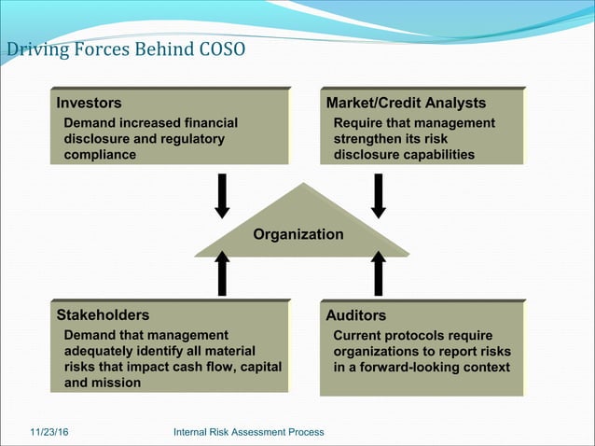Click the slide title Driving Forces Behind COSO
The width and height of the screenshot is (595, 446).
pos(126,49)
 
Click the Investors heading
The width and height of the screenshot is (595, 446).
pos(89,103)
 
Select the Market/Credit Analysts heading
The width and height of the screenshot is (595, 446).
pos(405,103)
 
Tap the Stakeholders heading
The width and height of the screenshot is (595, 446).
pos(103,315)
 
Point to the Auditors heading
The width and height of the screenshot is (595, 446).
pos(354,316)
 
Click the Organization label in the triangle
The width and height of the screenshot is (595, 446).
pos(298,234)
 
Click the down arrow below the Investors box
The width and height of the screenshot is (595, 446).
pos(223,195)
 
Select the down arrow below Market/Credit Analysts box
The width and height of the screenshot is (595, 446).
pos(379,195)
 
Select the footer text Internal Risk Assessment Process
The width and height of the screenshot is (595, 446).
pos(249,432)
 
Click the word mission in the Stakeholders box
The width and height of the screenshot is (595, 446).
pos(117,383)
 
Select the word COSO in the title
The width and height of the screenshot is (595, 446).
pos(222,49)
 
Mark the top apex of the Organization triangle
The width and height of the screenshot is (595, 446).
pos(301,184)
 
